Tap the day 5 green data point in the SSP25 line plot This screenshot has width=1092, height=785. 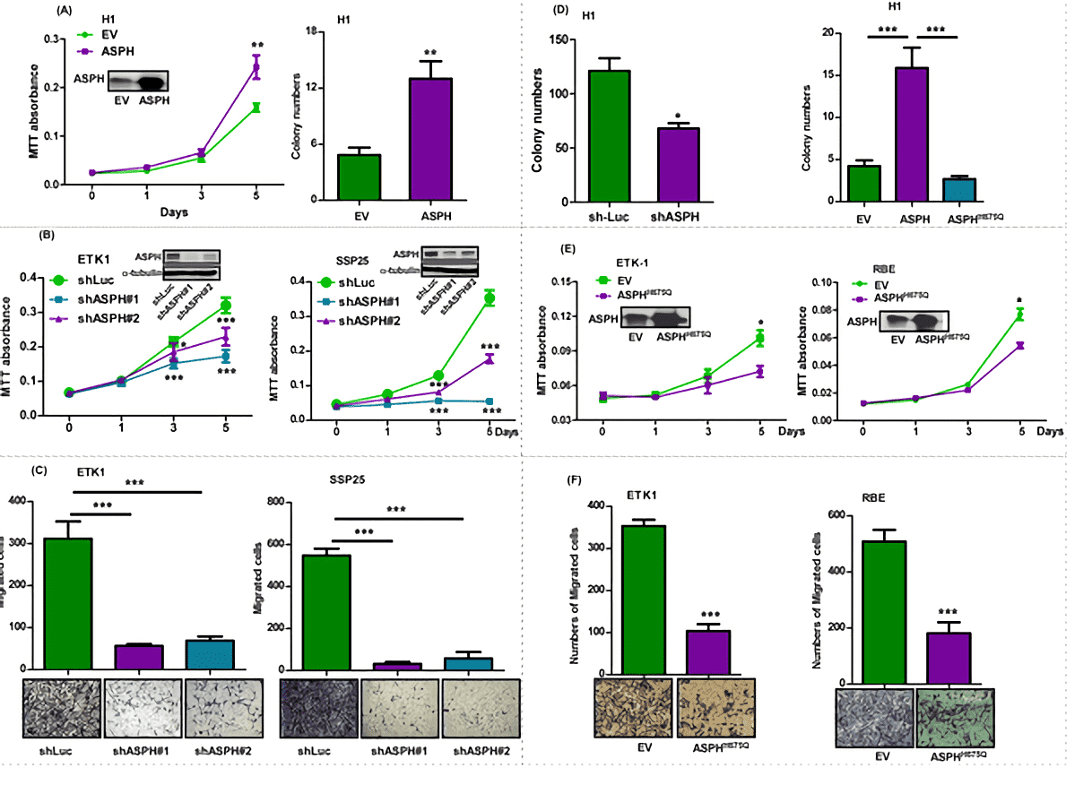pos(490,298)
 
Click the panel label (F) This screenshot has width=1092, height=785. pos(578,479)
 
